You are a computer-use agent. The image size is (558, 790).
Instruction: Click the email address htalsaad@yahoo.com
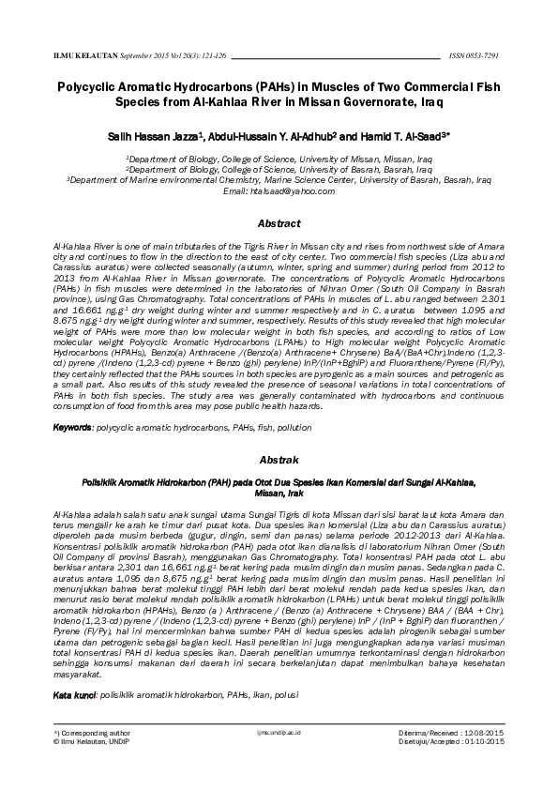tap(279, 190)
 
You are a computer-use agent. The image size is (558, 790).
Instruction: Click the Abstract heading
tap(279, 224)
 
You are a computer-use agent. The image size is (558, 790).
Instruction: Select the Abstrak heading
tap(279, 461)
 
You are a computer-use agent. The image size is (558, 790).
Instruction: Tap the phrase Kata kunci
tap(74, 695)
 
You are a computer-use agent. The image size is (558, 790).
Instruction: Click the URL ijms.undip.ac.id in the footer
tap(279, 756)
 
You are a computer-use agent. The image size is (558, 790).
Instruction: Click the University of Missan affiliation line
tap(279, 160)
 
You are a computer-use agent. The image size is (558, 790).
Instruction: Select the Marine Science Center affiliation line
tap(279, 180)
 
